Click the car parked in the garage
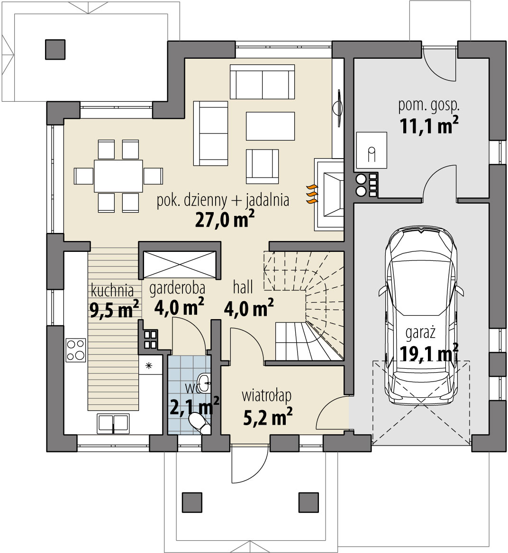click(421, 316)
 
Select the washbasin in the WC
click(204, 382)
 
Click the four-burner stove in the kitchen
click(76, 350)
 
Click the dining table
click(118, 176)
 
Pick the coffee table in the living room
click(271, 126)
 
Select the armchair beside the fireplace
click(263, 167)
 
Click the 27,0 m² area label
click(225, 219)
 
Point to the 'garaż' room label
click(420, 333)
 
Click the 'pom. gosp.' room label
click(429, 106)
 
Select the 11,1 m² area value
click(429, 125)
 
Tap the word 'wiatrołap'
click(267, 396)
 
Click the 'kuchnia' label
click(112, 291)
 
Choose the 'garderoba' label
click(177, 288)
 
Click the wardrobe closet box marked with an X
click(180, 265)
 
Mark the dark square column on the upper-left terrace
click(55, 49)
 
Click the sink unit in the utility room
click(372, 150)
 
